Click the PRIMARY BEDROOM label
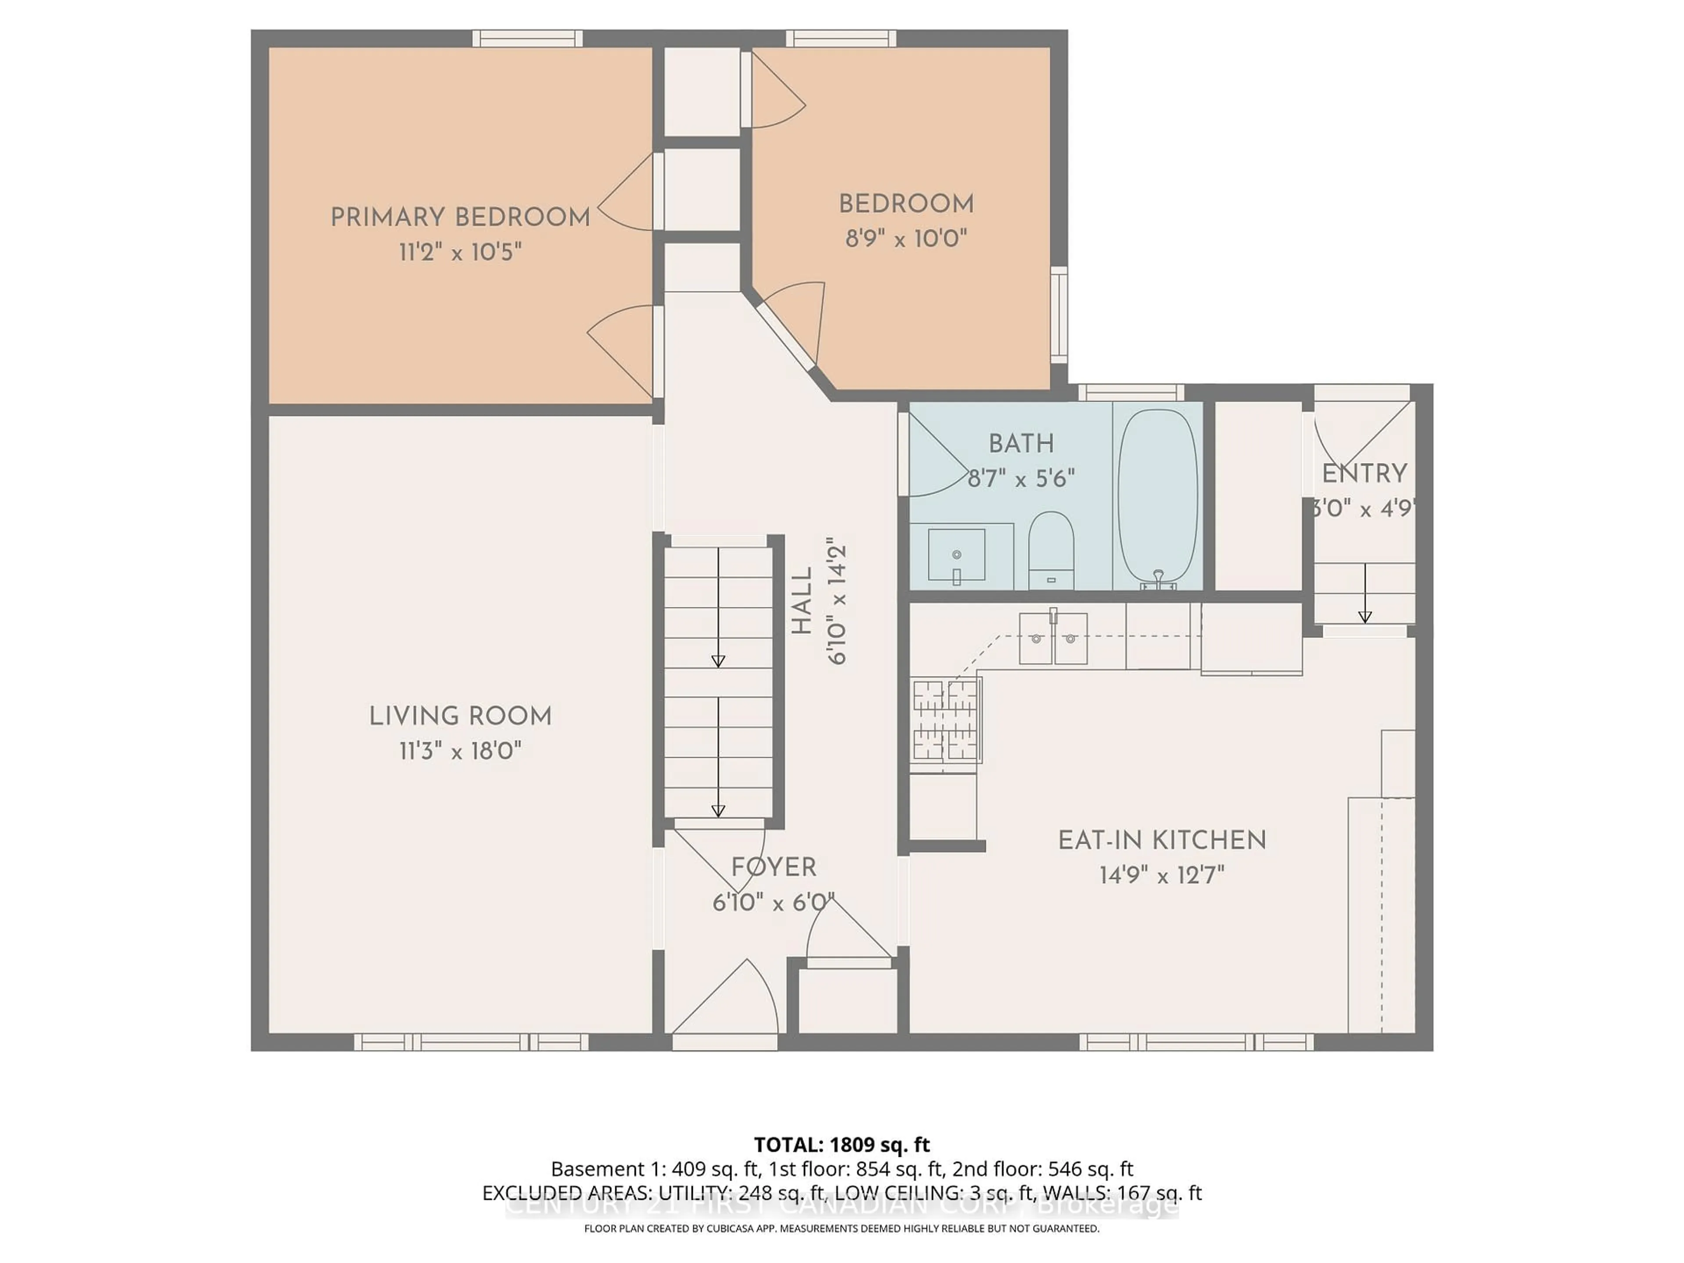[x=460, y=218]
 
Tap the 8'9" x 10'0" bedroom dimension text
[x=906, y=239]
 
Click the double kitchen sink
[x=1053, y=638]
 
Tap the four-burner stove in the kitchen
[x=945, y=720]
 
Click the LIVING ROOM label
[x=460, y=717]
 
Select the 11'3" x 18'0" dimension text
[x=460, y=751]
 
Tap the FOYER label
[x=774, y=867]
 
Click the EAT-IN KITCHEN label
[x=1162, y=841]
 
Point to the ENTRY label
[x=1364, y=474]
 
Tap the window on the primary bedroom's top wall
[x=527, y=38]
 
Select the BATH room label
[x=1021, y=443]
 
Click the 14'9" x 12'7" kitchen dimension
[x=1162, y=875]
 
